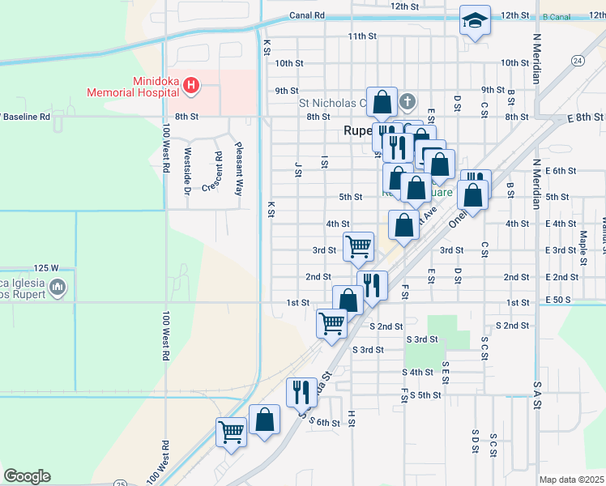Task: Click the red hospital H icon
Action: (x=190, y=84)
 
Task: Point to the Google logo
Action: (x=27, y=476)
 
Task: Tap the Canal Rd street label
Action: (x=307, y=15)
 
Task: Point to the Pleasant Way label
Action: (x=239, y=170)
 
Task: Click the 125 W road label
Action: (x=47, y=267)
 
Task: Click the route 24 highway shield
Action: (x=577, y=61)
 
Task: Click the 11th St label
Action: (x=362, y=36)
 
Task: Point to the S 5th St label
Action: (x=425, y=395)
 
